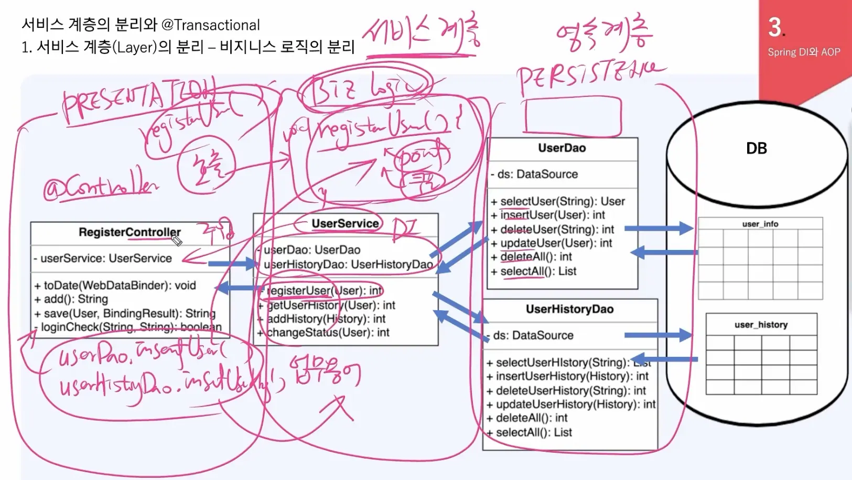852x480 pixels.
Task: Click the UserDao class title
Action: click(x=562, y=148)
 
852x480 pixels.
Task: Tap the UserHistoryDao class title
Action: click(x=569, y=309)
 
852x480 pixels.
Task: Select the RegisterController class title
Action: click(x=130, y=232)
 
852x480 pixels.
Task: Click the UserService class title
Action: click(x=345, y=224)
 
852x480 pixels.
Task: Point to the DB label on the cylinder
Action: click(x=756, y=148)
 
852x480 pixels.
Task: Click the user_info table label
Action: click(x=760, y=224)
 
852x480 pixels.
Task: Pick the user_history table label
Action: click(x=761, y=325)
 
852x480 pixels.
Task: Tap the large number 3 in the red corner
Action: click(x=775, y=27)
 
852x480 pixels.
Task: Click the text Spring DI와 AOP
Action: click(x=804, y=52)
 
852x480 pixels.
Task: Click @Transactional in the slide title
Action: click(x=211, y=25)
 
